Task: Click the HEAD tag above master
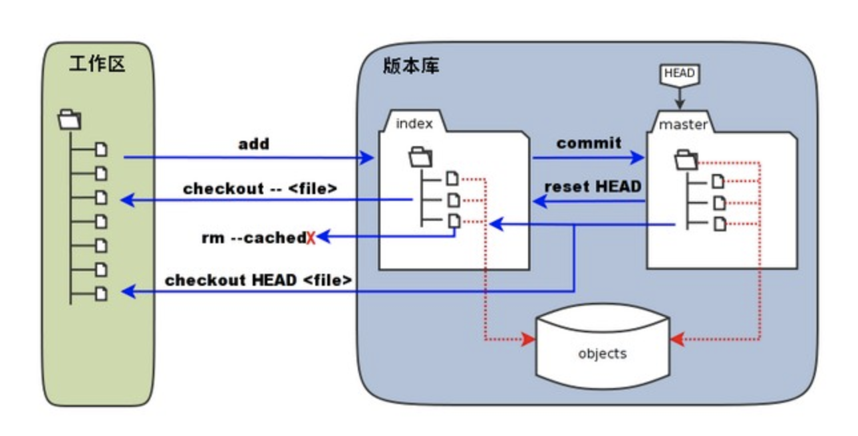(679, 74)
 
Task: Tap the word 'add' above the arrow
(253, 144)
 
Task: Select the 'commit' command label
(589, 143)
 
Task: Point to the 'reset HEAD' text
(593, 187)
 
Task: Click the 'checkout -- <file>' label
(260, 189)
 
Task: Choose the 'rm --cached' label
(253, 237)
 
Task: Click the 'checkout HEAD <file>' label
(258, 280)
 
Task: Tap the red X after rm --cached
(311, 238)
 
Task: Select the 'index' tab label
(414, 124)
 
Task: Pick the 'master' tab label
(683, 124)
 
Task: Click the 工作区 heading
(97, 65)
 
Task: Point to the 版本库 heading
(411, 66)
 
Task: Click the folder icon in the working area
(69, 120)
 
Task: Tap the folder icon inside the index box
(420, 158)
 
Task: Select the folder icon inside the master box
(686, 160)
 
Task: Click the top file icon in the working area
(101, 150)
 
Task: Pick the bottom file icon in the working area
(101, 293)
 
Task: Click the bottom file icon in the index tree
(452, 221)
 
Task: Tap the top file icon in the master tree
(718, 181)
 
